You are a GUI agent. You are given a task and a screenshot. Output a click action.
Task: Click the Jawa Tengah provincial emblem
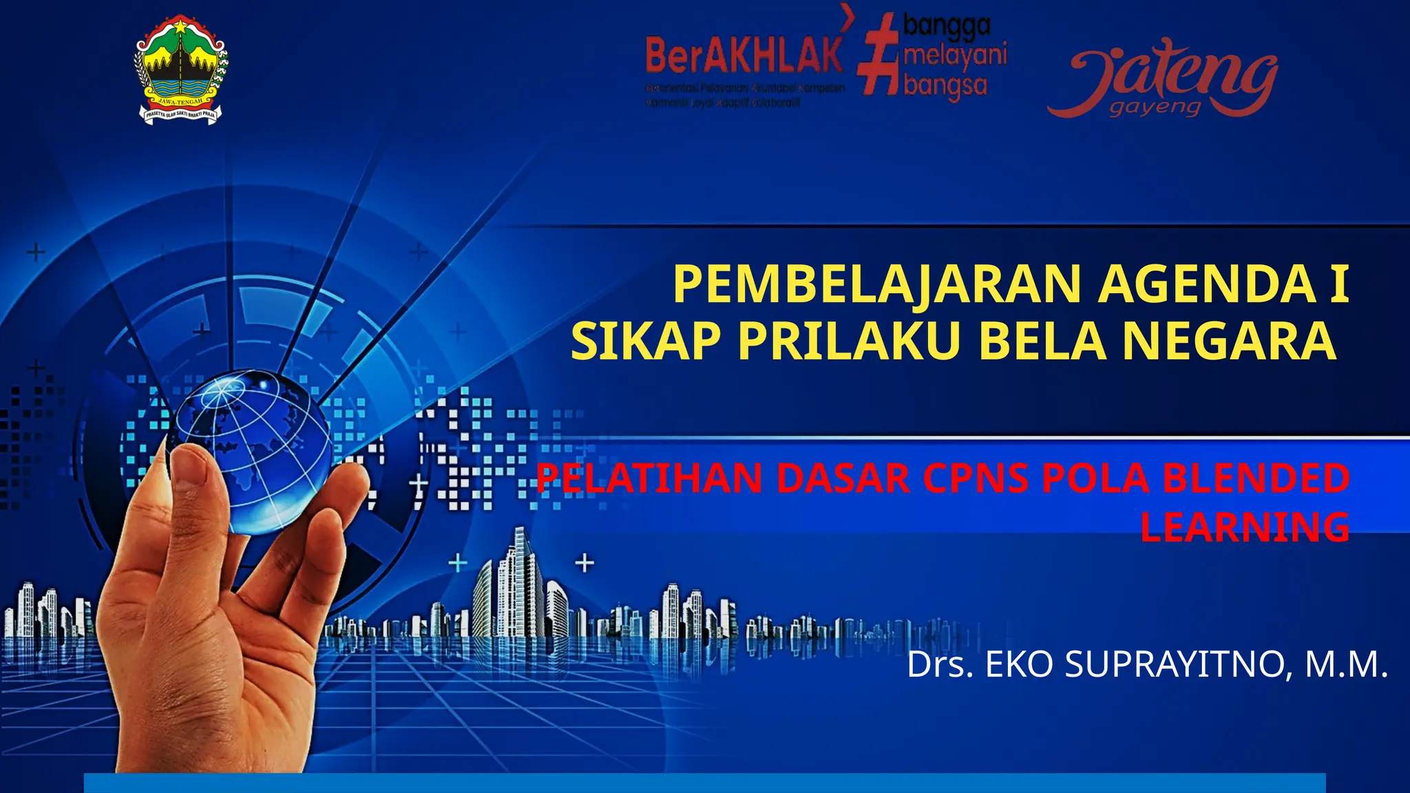tap(180, 70)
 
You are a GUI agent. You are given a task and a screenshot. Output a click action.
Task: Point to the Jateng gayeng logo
tap(1164, 79)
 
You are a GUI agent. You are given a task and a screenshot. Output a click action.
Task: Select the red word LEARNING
tap(1245, 527)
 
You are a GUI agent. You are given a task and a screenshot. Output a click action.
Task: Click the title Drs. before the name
tap(939, 665)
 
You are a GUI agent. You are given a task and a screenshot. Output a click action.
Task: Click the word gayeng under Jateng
tap(1155, 108)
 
